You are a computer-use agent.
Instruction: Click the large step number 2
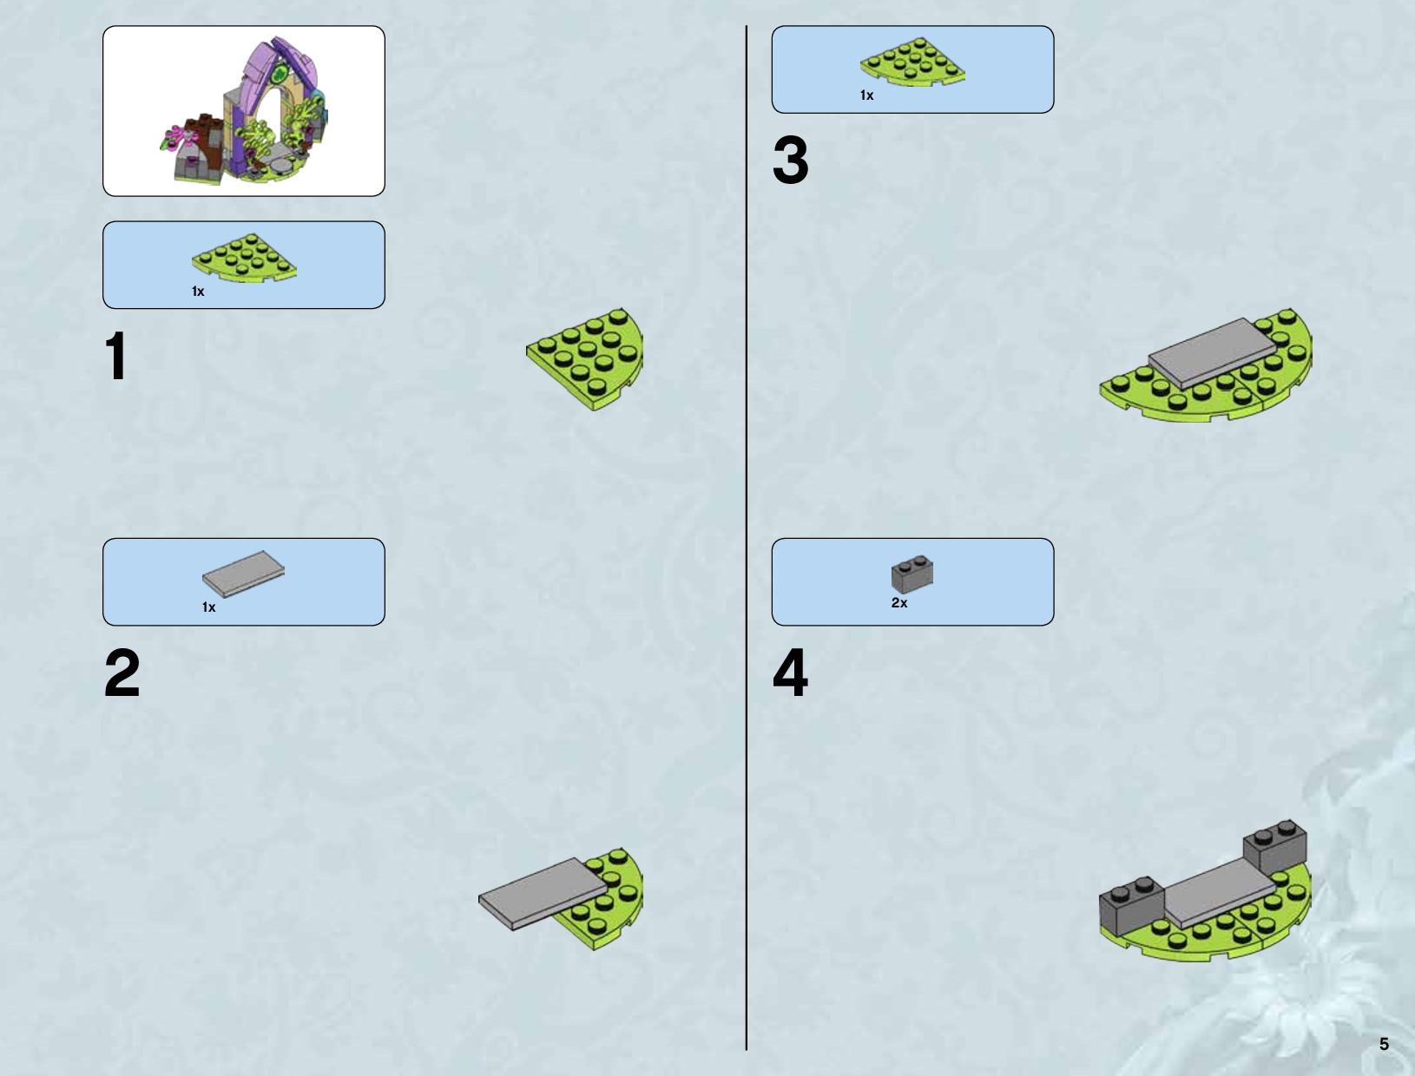click(122, 672)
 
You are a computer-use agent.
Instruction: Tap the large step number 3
click(790, 160)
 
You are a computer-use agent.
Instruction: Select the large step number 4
click(790, 672)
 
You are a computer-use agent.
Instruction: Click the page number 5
click(1384, 1045)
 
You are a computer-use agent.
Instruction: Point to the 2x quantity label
click(899, 603)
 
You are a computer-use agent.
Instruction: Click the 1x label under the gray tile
click(209, 607)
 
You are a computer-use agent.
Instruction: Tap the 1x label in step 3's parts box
click(867, 95)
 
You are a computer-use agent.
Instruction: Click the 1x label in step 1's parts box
click(198, 292)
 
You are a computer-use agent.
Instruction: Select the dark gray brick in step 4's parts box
click(912, 574)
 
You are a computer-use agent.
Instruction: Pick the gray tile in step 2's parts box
click(243, 574)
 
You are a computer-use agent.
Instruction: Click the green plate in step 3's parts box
click(912, 62)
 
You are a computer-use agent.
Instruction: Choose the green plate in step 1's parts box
click(244, 258)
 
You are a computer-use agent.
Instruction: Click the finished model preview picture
click(244, 111)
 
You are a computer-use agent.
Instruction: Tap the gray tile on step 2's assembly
click(543, 893)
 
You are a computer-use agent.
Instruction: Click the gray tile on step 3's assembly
click(1212, 353)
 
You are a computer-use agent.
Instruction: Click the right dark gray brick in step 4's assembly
click(1275, 847)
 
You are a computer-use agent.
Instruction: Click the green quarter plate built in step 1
click(585, 359)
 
